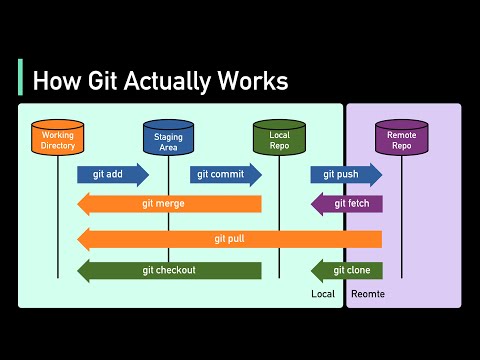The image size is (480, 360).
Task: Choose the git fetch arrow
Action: tap(347, 204)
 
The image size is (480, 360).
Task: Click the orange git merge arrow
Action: tap(170, 204)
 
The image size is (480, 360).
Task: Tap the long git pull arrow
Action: tap(230, 239)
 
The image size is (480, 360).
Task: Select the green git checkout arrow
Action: tap(170, 270)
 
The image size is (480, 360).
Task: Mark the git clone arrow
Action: tap(347, 270)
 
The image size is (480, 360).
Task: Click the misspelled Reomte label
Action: tap(367, 295)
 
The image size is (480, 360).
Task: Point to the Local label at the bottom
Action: tap(323, 295)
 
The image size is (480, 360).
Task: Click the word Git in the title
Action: tap(95, 79)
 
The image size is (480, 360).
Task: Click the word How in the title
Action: tap(52, 79)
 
